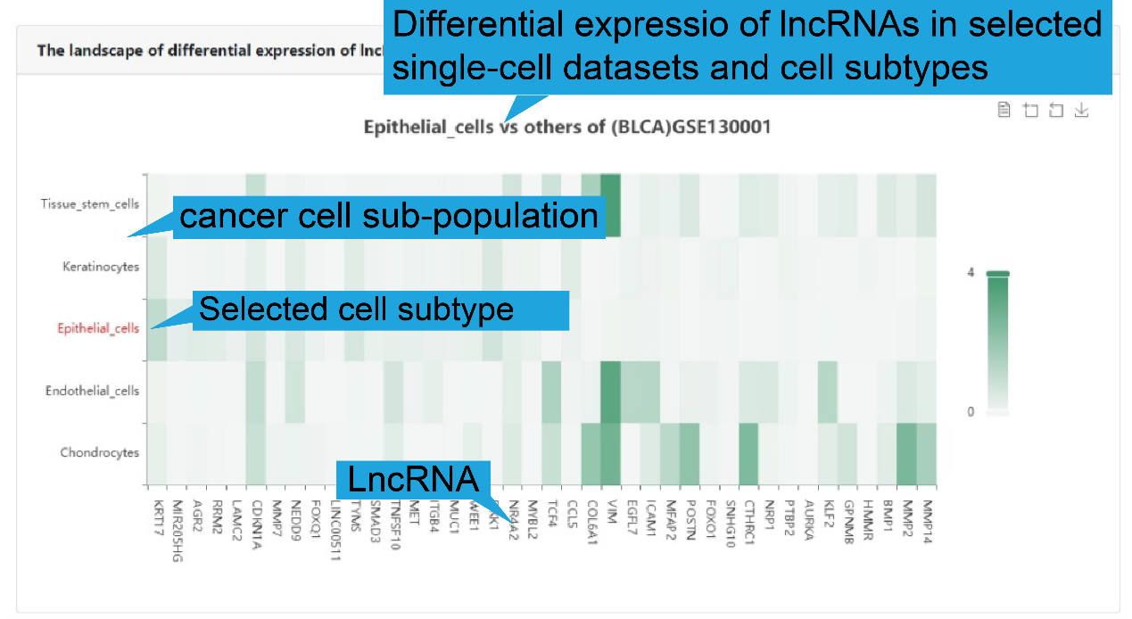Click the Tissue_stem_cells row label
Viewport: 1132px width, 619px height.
(90, 203)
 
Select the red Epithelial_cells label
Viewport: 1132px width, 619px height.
(98, 328)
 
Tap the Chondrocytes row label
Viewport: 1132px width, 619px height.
(100, 452)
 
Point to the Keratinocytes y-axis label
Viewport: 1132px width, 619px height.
(101, 266)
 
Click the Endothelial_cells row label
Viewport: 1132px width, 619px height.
(93, 391)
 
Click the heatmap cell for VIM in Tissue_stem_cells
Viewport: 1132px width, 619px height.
(611, 204)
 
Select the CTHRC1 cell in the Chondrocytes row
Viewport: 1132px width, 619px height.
(748, 453)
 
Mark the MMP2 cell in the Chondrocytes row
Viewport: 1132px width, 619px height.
(906, 453)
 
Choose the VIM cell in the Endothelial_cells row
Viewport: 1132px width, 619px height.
(611, 392)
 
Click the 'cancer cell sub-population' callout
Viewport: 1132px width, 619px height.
(388, 217)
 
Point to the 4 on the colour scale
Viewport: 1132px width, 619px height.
(971, 272)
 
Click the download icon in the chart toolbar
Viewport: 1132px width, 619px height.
(1081, 111)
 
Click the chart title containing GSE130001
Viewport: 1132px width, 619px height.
(566, 127)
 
